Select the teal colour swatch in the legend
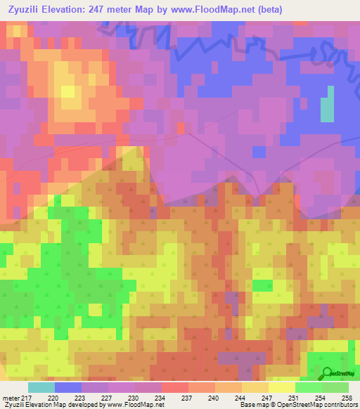pyautogui.click(x=41, y=387)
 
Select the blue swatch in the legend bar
pyautogui.click(x=68, y=387)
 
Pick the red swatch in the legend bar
pyautogui.click(x=175, y=387)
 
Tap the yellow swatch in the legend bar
pyautogui.click(x=282, y=387)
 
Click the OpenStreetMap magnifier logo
pyautogui.click(x=327, y=375)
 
